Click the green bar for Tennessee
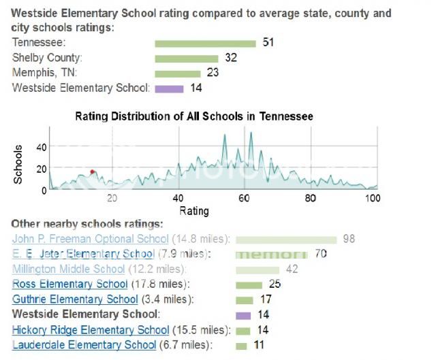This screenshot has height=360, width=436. pyautogui.click(x=205, y=44)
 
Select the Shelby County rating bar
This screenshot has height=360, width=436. pyautogui.click(x=186, y=59)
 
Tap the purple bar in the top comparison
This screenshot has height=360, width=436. pyautogui.click(x=169, y=88)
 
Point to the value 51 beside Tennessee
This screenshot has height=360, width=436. pyautogui.click(x=268, y=43)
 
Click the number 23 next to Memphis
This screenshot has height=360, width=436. pyautogui.click(x=213, y=73)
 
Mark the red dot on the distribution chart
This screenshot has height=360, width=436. pyautogui.click(x=92, y=172)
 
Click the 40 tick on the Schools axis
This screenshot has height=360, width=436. pyautogui.click(x=40, y=147)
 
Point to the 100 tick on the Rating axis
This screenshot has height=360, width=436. pyautogui.click(x=373, y=198)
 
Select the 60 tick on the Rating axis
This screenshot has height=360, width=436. pyautogui.click(x=244, y=198)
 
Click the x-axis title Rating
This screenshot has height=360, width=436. pyautogui.click(x=194, y=211)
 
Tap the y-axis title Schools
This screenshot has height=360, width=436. pyautogui.click(x=19, y=164)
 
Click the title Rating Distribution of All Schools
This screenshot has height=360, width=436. pyautogui.click(x=194, y=116)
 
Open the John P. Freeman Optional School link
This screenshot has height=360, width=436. pyautogui.click(x=90, y=239)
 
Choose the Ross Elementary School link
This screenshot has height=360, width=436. pyautogui.click(x=69, y=284)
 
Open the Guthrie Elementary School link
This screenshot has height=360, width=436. pyautogui.click(x=75, y=299)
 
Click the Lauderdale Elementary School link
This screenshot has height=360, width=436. pyautogui.click(x=84, y=344)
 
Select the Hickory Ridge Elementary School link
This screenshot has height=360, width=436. pyautogui.click(x=90, y=329)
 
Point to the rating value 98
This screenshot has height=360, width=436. pyautogui.click(x=349, y=239)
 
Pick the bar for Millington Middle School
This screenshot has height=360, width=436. pyautogui.click(x=258, y=269)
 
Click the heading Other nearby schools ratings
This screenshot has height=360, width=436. pyautogui.click(x=87, y=223)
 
